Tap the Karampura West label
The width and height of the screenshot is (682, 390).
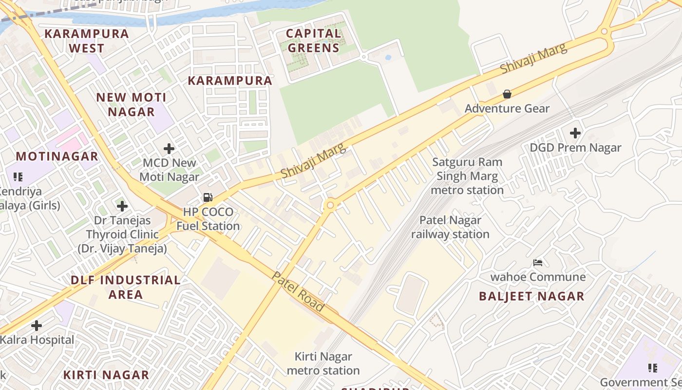pos(87,41)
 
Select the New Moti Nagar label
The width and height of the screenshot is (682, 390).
pos(131,104)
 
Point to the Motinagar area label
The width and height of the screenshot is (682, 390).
pos(57,156)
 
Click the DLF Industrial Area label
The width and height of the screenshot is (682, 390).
pos(126,287)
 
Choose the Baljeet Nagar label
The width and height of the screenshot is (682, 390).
pos(531,296)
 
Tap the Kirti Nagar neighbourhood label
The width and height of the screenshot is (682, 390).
pos(106,375)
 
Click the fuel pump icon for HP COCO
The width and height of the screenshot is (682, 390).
pos(208,197)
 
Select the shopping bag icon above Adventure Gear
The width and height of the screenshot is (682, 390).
pos(507,94)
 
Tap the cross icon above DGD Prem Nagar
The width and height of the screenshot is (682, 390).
pos(575,133)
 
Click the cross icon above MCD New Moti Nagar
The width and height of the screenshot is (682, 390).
pos(169,148)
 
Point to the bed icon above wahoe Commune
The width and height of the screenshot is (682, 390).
pos(538,263)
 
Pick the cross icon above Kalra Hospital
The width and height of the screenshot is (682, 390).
pos(37,325)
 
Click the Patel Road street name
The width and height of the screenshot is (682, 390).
pos(298,292)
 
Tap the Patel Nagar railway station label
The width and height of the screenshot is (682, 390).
pos(450,227)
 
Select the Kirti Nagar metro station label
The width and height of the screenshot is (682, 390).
pos(323,364)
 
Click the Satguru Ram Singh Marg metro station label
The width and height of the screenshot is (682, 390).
pos(467,176)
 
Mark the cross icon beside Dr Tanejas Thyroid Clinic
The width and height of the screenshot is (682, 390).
pos(122,206)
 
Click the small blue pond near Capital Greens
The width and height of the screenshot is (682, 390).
pos(388,58)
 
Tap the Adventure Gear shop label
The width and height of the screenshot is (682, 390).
pos(507,108)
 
